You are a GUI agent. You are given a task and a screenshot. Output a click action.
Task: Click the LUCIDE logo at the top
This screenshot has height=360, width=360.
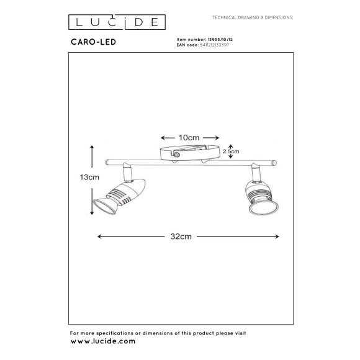pyautogui.click(x=115, y=22)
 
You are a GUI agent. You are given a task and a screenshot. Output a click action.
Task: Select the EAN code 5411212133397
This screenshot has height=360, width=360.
pyautogui.click(x=212, y=45)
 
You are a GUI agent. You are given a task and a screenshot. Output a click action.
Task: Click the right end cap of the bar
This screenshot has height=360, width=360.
pyautogui.click(x=277, y=164)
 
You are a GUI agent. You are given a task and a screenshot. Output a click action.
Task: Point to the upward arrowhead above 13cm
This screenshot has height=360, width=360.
pyautogui.click(x=92, y=147)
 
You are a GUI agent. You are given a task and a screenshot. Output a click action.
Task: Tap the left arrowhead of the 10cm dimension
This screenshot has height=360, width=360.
pyautogui.click(x=163, y=138)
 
